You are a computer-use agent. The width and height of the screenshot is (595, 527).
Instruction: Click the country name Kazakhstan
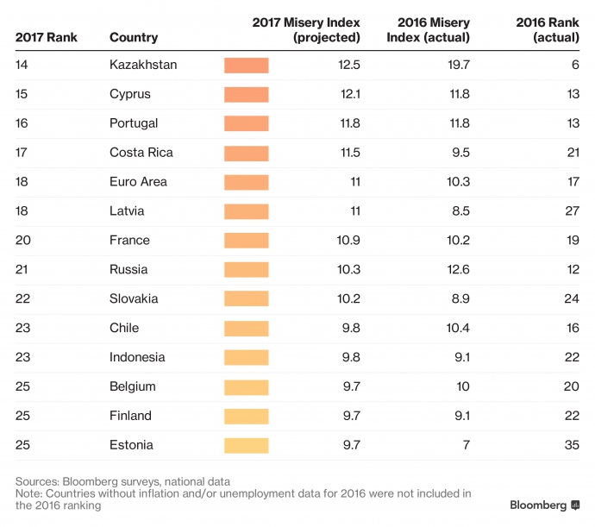coord(143,66)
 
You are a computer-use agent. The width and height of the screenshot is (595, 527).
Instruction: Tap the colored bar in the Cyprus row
coord(247,94)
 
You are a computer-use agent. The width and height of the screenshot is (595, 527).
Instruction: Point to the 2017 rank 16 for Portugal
coord(22,123)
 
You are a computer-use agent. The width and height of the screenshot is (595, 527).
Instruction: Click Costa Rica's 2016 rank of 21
coord(572,153)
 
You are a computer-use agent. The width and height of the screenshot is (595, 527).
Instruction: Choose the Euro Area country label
coord(139,182)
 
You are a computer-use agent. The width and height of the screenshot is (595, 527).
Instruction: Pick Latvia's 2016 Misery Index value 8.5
coord(460,211)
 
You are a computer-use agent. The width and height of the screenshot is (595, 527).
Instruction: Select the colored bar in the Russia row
coord(247,269)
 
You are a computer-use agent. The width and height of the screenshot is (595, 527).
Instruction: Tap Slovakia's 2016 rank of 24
coord(572,298)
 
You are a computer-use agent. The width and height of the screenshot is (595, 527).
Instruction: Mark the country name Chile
coord(124,328)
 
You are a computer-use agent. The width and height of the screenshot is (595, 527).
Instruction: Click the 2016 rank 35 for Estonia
coord(572,445)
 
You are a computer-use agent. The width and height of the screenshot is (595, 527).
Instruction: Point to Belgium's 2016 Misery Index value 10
coord(463,386)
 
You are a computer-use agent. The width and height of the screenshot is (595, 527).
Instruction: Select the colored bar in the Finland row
coord(247,416)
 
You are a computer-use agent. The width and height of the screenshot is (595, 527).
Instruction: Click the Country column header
coord(134,38)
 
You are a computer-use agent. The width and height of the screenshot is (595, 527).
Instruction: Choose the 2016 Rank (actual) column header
coord(548,30)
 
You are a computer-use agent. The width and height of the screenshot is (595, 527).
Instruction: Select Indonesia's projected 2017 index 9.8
coord(351,357)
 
